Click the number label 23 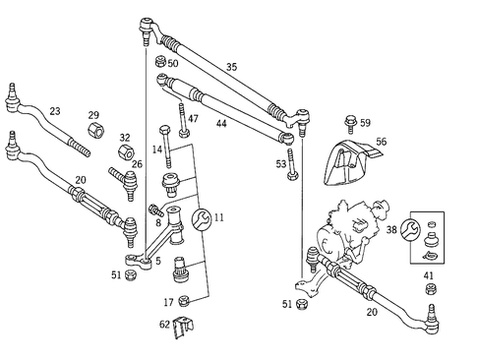point(54,111)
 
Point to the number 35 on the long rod point(231,68)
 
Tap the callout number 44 point(221,123)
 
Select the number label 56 point(381,142)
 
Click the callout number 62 point(164,324)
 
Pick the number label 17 point(169,302)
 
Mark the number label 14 point(156,150)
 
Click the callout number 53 point(281,163)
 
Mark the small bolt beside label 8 point(154,210)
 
